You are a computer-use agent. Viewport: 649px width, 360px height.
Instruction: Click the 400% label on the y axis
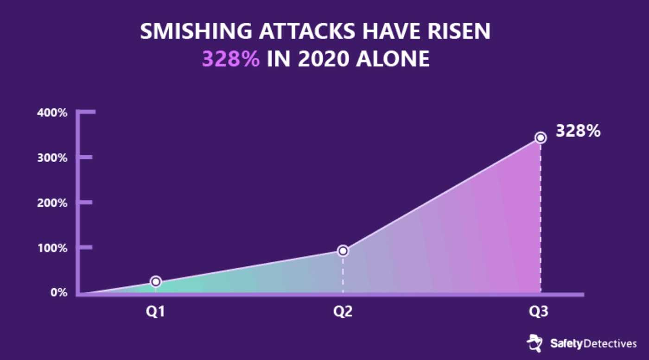click(x=52, y=113)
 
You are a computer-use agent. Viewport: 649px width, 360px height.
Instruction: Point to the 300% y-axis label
click(x=52, y=158)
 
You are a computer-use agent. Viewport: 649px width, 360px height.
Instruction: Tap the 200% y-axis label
click(x=52, y=203)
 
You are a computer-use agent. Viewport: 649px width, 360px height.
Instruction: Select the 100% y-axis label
click(x=52, y=248)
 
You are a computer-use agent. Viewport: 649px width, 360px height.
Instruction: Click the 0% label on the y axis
click(x=59, y=292)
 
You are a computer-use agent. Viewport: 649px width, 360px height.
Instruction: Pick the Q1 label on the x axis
click(x=156, y=312)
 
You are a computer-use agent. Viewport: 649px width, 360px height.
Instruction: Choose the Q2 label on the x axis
click(x=343, y=312)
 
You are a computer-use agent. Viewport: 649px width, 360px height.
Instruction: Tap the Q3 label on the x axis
click(x=539, y=312)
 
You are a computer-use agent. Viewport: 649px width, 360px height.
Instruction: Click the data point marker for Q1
click(x=156, y=282)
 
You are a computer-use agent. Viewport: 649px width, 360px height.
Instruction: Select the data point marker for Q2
click(x=343, y=251)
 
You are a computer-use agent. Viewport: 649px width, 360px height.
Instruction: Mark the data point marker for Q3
click(x=541, y=138)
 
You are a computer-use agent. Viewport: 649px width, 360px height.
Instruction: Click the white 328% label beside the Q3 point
click(x=579, y=131)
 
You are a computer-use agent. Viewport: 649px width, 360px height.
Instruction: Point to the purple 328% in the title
click(x=231, y=59)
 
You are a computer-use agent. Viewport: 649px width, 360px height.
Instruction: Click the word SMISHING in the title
click(x=196, y=31)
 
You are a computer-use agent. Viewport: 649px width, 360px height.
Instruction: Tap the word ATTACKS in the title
click(x=307, y=31)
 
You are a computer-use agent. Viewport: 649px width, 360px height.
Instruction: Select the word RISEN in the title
click(x=459, y=31)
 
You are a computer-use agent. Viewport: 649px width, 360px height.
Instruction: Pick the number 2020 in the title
click(x=324, y=59)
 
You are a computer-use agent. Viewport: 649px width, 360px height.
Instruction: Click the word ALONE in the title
click(x=393, y=59)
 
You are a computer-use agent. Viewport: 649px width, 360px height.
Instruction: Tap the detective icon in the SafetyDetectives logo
click(x=534, y=343)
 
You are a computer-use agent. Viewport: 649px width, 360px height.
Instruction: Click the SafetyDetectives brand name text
click(x=593, y=344)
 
